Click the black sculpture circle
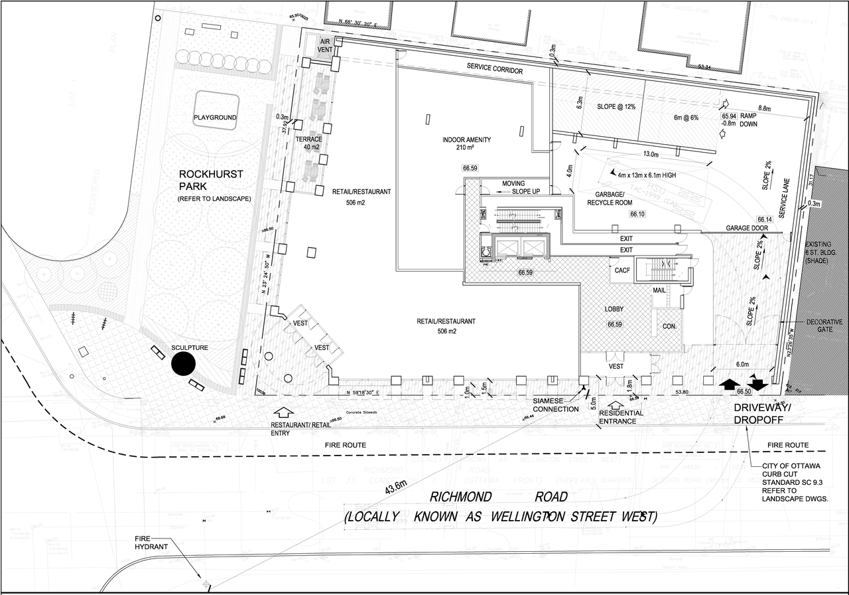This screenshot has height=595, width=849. coord(183,364)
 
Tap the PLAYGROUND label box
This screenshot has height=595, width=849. coord(215,117)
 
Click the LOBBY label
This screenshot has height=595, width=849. coord(614,310)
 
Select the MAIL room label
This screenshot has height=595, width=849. coord(659,290)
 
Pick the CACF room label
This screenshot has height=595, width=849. coord(622,271)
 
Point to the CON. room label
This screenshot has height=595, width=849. coord(669,327)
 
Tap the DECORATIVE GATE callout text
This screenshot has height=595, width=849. coord(824,326)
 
